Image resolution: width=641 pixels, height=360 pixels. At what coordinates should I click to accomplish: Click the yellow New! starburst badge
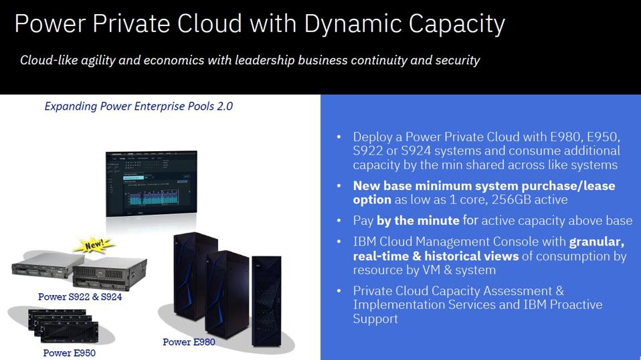tap(96, 245)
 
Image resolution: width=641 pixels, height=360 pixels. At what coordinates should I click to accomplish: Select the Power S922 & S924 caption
tap(80, 296)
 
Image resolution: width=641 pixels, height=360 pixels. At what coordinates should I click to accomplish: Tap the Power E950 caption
tap(69, 353)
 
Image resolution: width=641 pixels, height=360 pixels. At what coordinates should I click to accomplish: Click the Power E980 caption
tap(189, 342)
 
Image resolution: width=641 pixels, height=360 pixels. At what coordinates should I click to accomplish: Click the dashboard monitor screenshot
tap(152, 183)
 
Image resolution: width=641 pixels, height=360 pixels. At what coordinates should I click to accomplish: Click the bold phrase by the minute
tap(418, 221)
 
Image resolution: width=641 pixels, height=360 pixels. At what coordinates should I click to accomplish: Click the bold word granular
tap(597, 242)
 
